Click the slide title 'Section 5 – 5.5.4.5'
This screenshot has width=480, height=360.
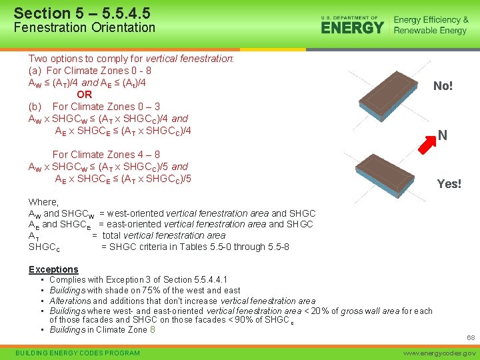pos(82,13)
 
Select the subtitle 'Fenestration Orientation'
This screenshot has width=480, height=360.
pos(84,28)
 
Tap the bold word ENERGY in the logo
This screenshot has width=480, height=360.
pos(352,28)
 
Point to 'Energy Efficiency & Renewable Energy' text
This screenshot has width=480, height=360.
pos(431,25)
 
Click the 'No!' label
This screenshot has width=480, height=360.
pos(443,86)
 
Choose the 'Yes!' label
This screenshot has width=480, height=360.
pos(449,184)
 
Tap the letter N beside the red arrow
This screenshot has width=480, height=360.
pos(442,136)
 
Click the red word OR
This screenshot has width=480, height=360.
pos(84,95)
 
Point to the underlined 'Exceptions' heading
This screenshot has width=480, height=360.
pos(53,269)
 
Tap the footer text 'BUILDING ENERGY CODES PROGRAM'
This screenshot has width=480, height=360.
pos(78,353)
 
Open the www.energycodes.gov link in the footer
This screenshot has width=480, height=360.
pos(438,353)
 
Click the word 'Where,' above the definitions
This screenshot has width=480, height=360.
pos(43,202)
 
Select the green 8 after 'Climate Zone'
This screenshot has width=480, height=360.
pos(153,329)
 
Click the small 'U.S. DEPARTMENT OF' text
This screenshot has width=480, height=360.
pos(349,17)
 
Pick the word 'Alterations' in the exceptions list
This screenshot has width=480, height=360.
pos(70,301)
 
